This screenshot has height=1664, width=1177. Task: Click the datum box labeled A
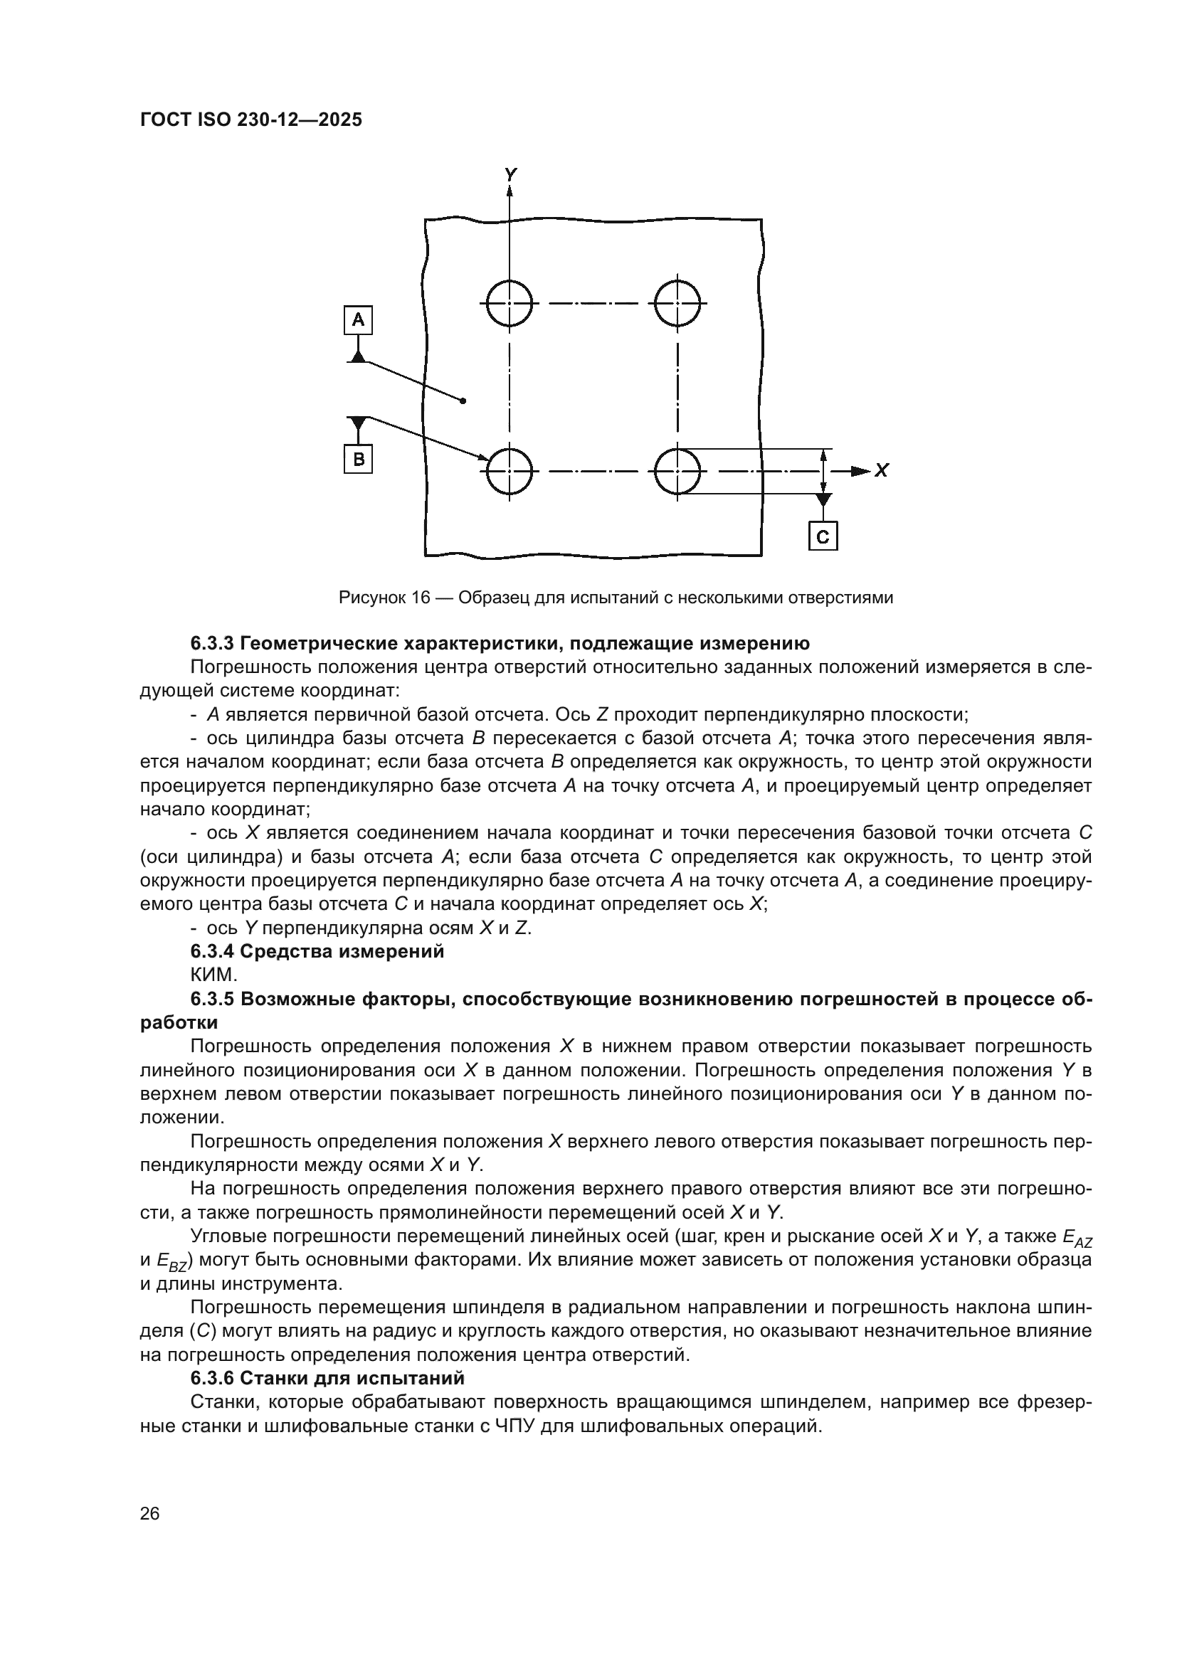point(358,319)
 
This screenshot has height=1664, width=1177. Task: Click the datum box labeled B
point(358,459)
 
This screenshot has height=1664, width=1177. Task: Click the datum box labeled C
point(823,536)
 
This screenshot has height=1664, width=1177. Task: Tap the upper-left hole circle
point(510,303)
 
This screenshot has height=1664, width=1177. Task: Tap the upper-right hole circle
point(677,303)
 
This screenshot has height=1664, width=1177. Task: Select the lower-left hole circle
point(510,471)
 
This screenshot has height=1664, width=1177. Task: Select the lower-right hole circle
point(677,471)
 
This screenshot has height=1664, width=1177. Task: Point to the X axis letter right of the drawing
point(881,471)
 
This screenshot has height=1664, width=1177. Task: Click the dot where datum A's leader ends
point(463,400)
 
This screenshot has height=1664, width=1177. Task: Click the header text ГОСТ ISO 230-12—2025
point(250,120)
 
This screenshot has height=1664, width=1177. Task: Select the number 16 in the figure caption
point(421,598)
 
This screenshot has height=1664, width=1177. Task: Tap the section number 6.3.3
point(211,643)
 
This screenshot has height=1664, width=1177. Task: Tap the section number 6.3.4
point(211,952)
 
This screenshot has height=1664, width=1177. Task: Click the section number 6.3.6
point(211,1378)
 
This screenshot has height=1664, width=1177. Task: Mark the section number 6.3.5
point(211,1000)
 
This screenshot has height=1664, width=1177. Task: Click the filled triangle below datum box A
point(358,355)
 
